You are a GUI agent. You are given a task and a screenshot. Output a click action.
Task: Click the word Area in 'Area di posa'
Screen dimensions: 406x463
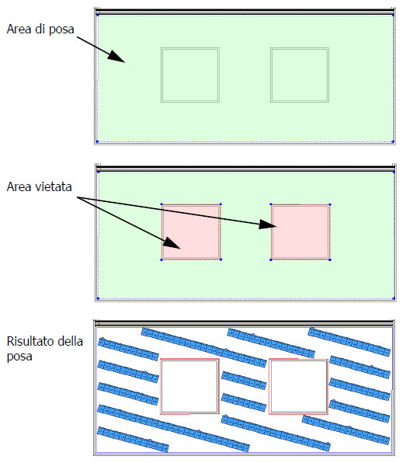[x=19, y=30]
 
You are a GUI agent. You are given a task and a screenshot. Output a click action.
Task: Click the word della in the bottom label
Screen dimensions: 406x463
[x=70, y=341]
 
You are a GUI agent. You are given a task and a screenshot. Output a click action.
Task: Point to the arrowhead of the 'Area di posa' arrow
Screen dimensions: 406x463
[x=116, y=57]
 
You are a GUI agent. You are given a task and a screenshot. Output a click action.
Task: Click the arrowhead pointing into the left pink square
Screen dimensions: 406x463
[x=172, y=243]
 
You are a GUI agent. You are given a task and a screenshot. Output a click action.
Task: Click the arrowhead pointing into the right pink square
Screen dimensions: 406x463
[x=268, y=225]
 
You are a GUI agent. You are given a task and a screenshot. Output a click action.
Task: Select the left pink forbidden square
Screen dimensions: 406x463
[x=191, y=232]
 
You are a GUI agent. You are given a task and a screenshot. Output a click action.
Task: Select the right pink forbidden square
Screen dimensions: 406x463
[x=300, y=232]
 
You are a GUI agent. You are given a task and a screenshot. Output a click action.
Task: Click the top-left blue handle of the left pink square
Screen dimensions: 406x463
[x=161, y=204]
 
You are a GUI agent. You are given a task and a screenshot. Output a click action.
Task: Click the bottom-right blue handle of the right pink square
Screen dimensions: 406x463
[x=330, y=259]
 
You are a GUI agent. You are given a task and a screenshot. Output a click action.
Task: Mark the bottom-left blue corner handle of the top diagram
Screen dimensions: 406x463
[x=97, y=141]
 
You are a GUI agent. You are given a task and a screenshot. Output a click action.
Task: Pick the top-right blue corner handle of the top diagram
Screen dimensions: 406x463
[x=393, y=15]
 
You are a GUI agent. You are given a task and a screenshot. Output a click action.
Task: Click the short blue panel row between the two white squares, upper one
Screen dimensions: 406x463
[x=244, y=381]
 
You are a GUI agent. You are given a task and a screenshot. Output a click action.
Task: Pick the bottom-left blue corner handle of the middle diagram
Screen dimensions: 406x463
[x=99, y=298]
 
